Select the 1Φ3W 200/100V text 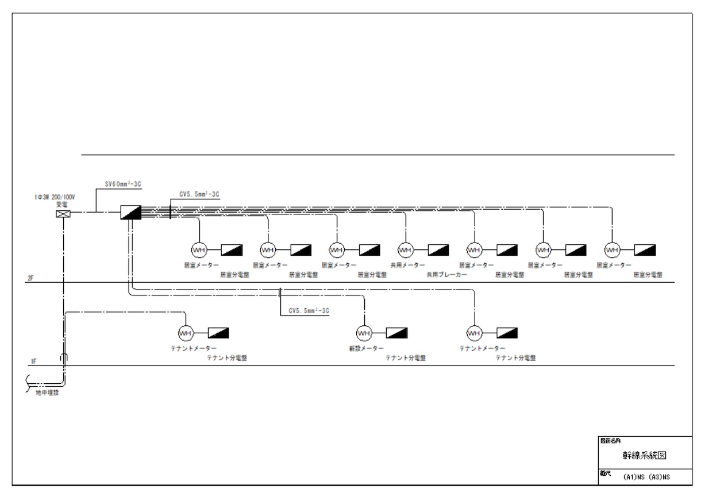[56, 197]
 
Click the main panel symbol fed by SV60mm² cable [131, 213]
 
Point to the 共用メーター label [407, 265]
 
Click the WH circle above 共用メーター [405, 250]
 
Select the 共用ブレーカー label [446, 275]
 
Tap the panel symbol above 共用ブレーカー [438, 250]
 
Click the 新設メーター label [366, 348]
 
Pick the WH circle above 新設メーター [364, 333]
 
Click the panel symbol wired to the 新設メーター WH [397, 333]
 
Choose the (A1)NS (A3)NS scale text [647, 477]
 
